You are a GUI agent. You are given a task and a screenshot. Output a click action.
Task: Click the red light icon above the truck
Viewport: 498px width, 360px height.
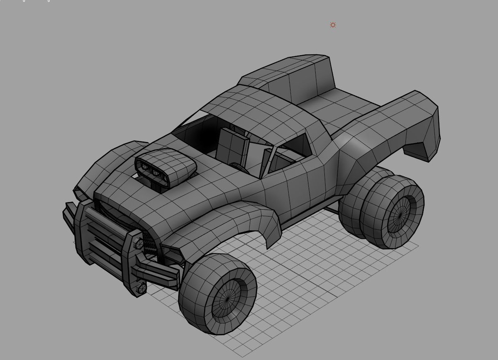point(333,25)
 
